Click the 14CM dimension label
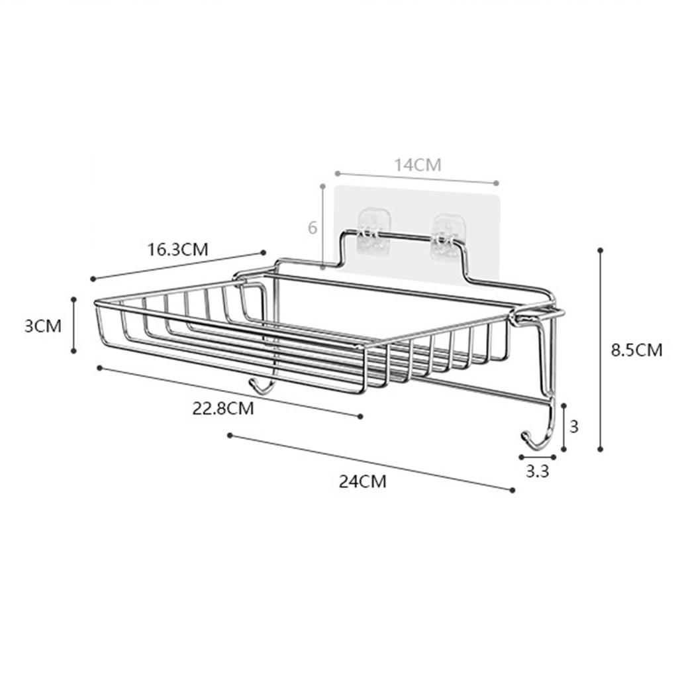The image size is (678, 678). (x=418, y=165)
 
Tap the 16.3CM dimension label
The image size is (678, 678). (x=177, y=250)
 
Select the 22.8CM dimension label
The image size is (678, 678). (x=223, y=408)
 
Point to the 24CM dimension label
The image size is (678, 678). (x=362, y=481)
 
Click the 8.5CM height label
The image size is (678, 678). (x=636, y=350)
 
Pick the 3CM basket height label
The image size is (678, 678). (x=43, y=326)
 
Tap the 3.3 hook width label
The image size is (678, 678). (x=537, y=471)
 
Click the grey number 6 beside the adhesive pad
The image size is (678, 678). (x=313, y=228)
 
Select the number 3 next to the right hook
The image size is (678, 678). (x=574, y=426)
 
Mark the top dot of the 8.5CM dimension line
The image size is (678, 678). (x=601, y=250)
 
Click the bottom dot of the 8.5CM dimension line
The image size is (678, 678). (x=601, y=449)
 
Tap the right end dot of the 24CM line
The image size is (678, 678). (x=512, y=490)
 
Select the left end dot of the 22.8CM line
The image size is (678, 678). (x=99, y=367)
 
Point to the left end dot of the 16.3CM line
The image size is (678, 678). (x=93, y=279)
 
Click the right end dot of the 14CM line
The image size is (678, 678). (x=496, y=182)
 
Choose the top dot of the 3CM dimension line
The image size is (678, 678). (x=73, y=299)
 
